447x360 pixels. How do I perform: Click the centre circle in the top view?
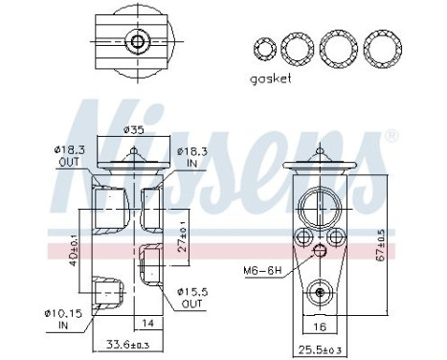tap(140, 41)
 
